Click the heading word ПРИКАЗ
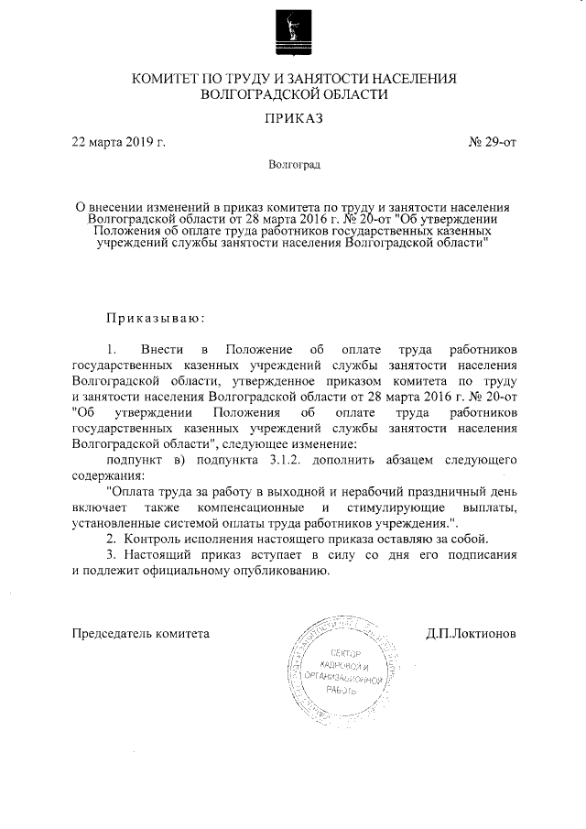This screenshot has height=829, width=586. point(294,118)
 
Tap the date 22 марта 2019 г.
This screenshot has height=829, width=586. point(118,143)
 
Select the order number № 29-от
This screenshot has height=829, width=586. point(492,143)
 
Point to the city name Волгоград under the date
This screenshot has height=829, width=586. point(294,166)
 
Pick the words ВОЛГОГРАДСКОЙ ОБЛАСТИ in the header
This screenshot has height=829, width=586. point(294,93)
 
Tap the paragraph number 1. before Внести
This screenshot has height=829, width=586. point(113,351)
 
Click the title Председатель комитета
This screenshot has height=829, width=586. point(141,633)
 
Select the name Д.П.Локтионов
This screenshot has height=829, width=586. point(471,633)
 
